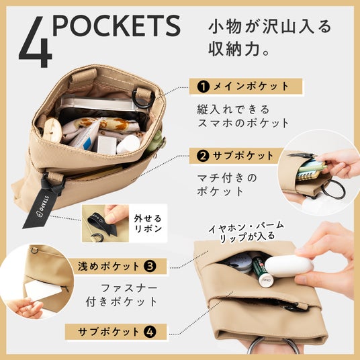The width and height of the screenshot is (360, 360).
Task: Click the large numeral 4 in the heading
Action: [x=36, y=42]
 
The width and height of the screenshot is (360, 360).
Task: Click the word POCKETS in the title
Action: [x=117, y=26]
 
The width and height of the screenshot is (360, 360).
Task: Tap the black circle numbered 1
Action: [x=204, y=87]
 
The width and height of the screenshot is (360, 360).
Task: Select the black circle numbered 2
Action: [x=203, y=156]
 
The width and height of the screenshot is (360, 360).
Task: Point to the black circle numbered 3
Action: [x=150, y=267]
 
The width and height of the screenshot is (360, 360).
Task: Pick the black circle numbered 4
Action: [x=150, y=332]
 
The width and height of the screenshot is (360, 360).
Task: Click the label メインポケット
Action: [x=251, y=87]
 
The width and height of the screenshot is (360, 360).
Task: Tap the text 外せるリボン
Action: [x=148, y=224]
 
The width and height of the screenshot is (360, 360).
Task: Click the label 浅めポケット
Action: [x=109, y=267]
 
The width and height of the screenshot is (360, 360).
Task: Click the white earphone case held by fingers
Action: [x=289, y=266]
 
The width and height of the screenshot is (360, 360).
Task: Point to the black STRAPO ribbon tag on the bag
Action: [x=39, y=208]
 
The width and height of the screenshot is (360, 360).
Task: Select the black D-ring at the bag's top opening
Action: [x=144, y=99]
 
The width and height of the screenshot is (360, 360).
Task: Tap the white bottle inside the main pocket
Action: [x=128, y=144]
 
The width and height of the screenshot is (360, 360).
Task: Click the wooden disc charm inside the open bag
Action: [x=52, y=130]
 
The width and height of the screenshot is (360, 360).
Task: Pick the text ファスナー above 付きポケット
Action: [x=129, y=288]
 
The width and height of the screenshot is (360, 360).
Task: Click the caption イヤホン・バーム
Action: [x=246, y=226]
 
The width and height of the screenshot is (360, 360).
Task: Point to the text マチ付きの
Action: [x=227, y=178]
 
